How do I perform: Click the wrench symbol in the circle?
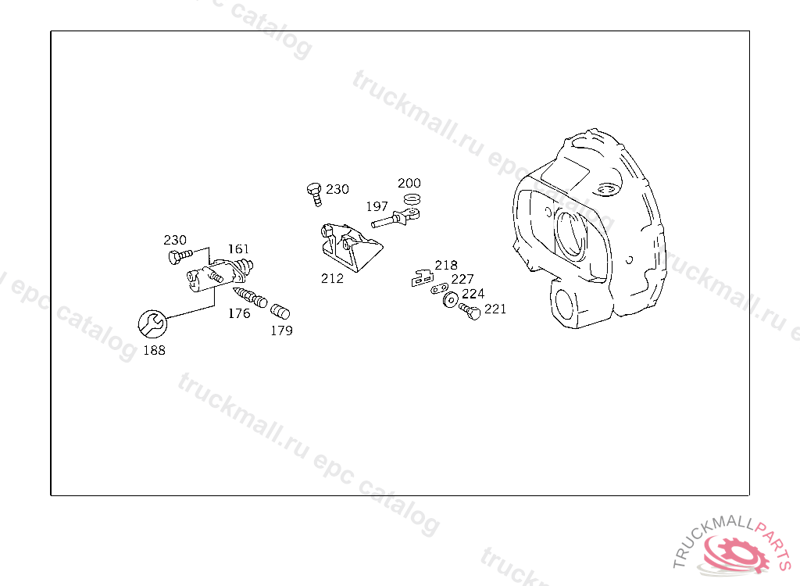pyautogui.click(x=152, y=323)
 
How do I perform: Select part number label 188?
pyautogui.click(x=154, y=350)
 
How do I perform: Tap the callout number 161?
pyautogui.click(x=238, y=249)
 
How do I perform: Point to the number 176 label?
pyautogui.click(x=239, y=313)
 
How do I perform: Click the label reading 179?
pyautogui.click(x=281, y=331)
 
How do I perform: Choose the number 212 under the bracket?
pyautogui.click(x=332, y=278)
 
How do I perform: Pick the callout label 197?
pyautogui.click(x=377, y=206)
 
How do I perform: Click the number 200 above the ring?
pyautogui.click(x=409, y=183)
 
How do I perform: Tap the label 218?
pyautogui.click(x=446, y=265)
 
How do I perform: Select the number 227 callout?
pyautogui.click(x=462, y=279)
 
